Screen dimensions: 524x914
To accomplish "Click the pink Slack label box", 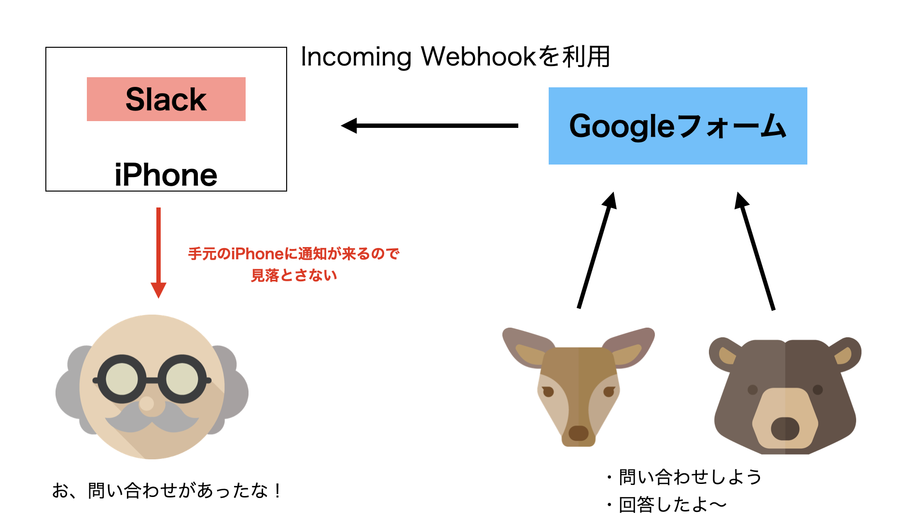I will point(166,99).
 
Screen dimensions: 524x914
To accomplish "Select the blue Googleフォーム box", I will point(678,126).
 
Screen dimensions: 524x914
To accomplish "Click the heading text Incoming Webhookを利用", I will point(455,56).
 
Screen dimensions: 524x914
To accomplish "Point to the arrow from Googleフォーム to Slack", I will point(429,125).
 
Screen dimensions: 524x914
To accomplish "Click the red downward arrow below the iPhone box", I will point(158,251).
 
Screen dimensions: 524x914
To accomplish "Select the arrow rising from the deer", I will point(595,251).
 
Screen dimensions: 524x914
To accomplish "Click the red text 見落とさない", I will point(293,276).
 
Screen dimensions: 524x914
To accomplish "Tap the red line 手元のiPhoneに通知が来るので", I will point(293,254).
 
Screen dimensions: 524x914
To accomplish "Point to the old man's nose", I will point(147,403).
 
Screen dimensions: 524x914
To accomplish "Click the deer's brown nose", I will point(578,433).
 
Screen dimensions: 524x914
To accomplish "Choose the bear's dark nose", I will point(785,428).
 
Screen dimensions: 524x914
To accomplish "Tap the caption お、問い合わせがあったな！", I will point(166,491).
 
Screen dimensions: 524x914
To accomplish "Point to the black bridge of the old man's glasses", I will point(152,380).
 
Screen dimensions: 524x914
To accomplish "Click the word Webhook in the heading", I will point(478,56).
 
